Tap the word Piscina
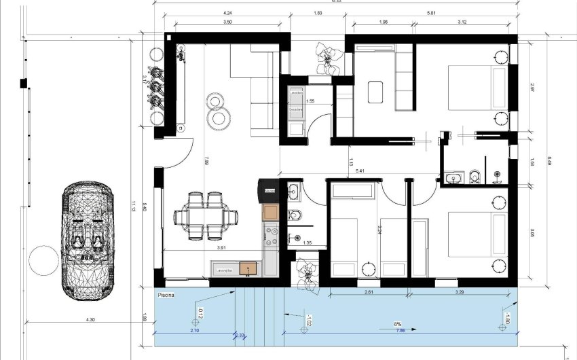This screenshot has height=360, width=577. pyautogui.click(x=166, y=295)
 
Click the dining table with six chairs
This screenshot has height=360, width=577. pyautogui.click(x=206, y=217)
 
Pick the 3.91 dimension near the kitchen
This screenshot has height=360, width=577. pyautogui.click(x=221, y=248)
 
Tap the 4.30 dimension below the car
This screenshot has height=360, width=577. pyautogui.click(x=90, y=319)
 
